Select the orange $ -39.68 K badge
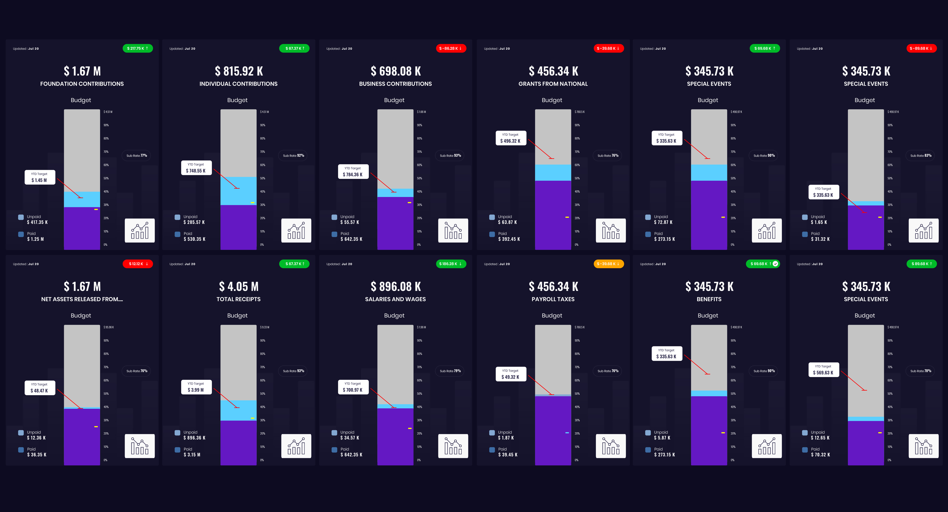click(608, 264)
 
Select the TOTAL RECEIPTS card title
click(239, 299)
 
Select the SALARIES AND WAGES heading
click(395, 299)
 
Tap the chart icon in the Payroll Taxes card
click(611, 446)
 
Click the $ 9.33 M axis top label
click(265, 327)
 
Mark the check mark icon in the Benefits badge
click(775, 264)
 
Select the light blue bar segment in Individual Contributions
click(238, 191)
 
